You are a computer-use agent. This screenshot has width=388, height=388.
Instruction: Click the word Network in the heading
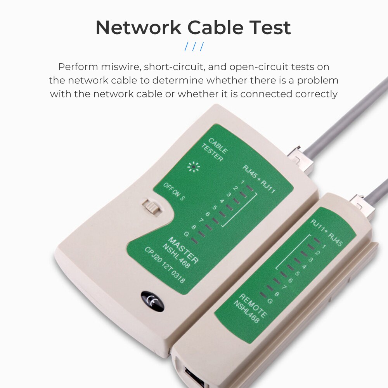[x=138, y=28]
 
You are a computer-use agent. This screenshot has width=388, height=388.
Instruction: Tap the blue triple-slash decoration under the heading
[x=194, y=47]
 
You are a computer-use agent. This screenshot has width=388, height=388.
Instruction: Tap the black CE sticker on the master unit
[x=152, y=301]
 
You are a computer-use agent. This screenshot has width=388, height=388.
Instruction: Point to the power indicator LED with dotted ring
[x=192, y=167]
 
